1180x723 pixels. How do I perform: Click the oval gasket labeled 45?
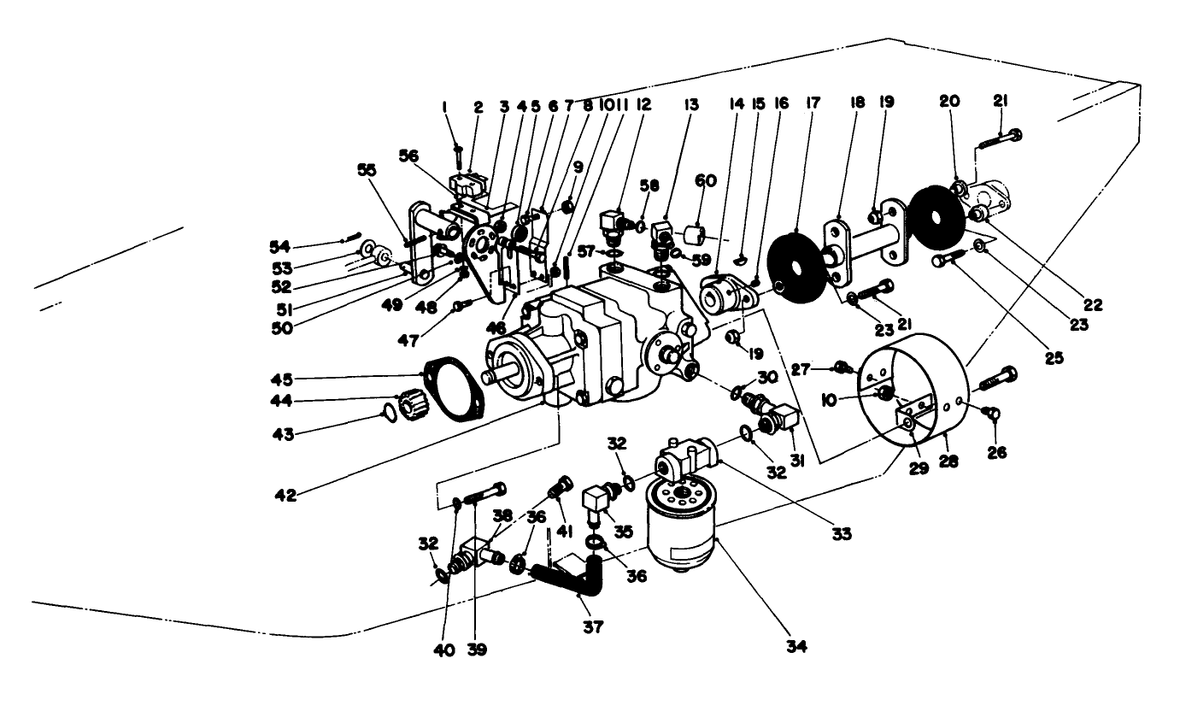pos(454,395)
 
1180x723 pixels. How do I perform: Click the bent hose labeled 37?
pos(572,579)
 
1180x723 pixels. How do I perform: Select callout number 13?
pos(690,105)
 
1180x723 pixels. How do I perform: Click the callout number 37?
pos(592,626)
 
